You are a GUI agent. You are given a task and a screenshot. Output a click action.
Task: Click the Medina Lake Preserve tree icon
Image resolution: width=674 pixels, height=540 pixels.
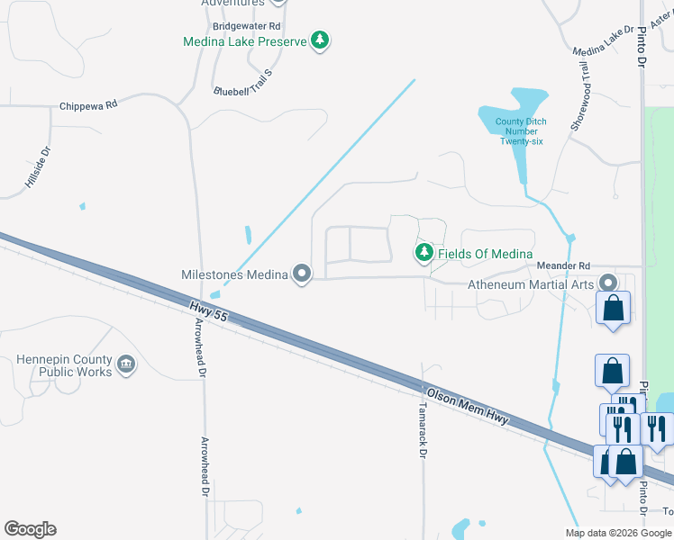tap(319, 40)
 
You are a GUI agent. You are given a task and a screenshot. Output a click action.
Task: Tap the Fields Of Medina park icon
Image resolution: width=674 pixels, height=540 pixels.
tap(424, 254)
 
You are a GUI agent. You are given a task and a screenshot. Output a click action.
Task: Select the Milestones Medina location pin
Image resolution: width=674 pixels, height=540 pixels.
tap(301, 274)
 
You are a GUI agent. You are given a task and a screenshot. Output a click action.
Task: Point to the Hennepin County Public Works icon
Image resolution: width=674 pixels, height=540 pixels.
tap(126, 365)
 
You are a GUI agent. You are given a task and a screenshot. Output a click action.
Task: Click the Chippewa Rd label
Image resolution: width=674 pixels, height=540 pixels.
tap(88, 105)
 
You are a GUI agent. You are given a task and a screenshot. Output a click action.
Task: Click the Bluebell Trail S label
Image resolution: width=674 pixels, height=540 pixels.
tap(241, 80)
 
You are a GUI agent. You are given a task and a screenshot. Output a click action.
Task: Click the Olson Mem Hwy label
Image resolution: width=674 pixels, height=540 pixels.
tap(468, 407)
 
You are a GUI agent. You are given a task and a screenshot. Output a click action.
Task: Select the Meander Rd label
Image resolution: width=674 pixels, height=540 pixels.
tap(563, 266)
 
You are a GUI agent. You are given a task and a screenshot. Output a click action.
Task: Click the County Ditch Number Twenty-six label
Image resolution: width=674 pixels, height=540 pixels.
tap(522, 131)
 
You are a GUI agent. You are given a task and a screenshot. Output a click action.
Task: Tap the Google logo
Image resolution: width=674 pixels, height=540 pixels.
tap(30, 529)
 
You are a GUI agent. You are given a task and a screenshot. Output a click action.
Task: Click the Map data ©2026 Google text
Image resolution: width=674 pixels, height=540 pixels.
tap(618, 533)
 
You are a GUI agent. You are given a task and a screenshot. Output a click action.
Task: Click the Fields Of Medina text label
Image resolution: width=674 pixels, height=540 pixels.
tap(486, 255)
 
